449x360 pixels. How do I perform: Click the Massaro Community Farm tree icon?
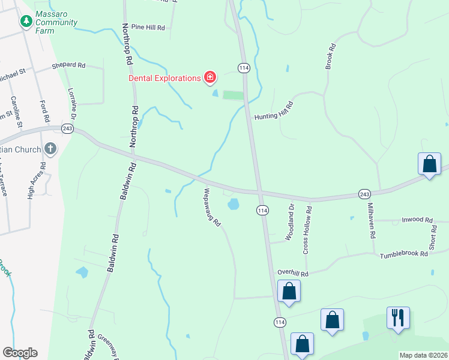pyautogui.click(x=26, y=22)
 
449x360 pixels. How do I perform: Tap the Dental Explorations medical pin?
pyautogui.click(x=209, y=77)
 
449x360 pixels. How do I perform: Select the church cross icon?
pyautogui.click(x=50, y=149)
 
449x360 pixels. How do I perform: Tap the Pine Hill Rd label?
pyautogui.click(x=148, y=28)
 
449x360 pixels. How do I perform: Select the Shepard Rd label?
pyautogui.click(x=68, y=65)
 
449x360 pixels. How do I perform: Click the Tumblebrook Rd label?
pyautogui.click(x=403, y=255)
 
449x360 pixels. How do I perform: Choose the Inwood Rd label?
pyautogui.click(x=417, y=220)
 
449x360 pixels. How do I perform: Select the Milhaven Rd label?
pyautogui.click(x=370, y=220)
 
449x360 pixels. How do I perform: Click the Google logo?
pyautogui.click(x=20, y=353)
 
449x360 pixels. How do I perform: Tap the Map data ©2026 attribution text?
pyautogui.click(x=423, y=355)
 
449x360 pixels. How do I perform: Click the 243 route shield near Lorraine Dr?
pyautogui.click(x=67, y=129)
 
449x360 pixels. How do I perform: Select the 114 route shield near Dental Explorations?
pyautogui.click(x=243, y=68)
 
